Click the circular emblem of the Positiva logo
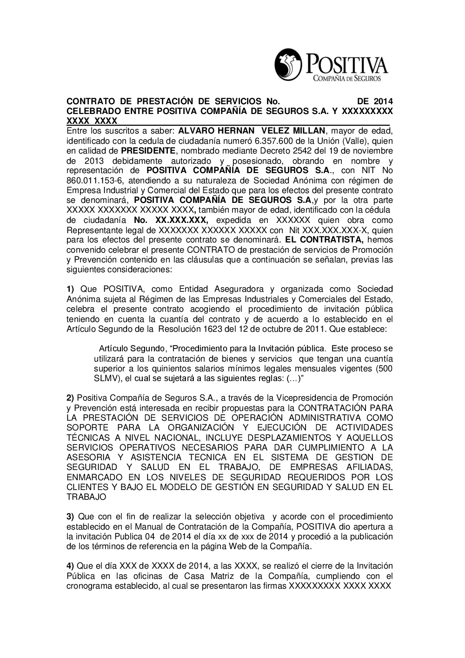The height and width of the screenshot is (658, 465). tap(288, 65)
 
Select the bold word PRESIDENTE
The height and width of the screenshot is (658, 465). tap(148, 151)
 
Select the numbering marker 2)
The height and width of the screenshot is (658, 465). tap(71, 398)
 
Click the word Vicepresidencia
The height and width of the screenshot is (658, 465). tap(298, 398)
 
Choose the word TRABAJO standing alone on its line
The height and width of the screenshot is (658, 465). tap(86, 497)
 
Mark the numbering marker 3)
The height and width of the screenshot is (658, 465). tap(71, 517)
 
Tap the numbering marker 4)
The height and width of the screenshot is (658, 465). tap(71, 566)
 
